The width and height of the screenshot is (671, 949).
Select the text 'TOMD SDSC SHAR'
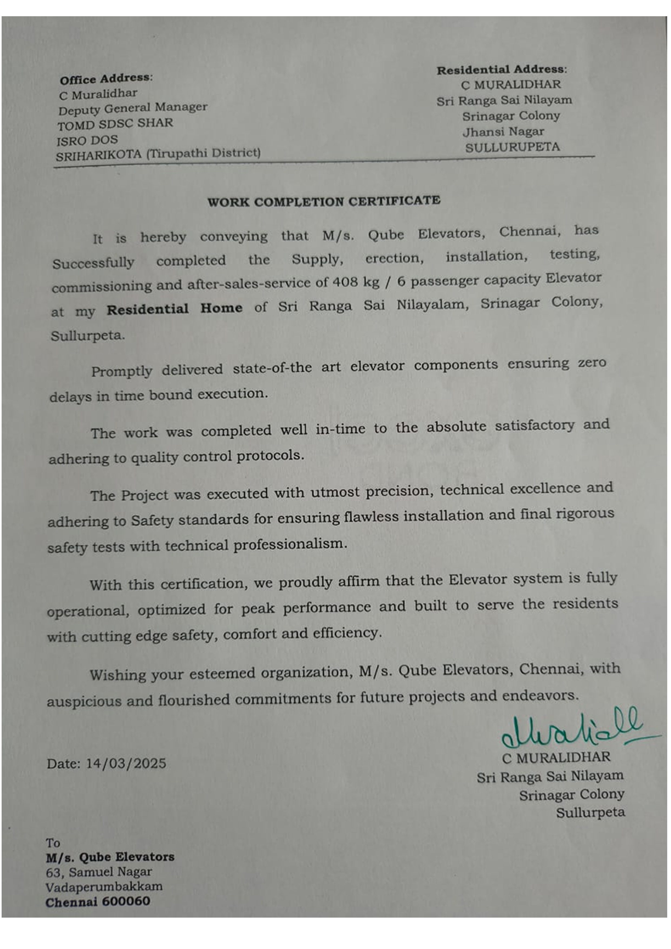115,124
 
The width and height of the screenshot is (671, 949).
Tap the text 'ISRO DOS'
87,140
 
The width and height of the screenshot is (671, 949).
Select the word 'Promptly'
121,371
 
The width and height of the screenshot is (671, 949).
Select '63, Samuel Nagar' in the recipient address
99,872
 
